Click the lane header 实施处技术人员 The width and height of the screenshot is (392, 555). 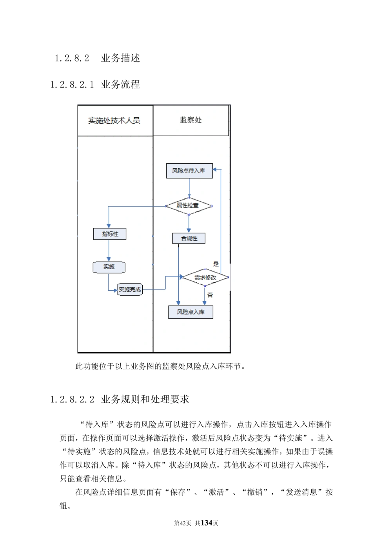tap(114, 120)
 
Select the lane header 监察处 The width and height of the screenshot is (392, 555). tap(191, 120)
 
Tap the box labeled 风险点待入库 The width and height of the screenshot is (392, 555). tap(189, 171)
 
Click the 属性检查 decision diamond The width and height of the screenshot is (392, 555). tap(189, 205)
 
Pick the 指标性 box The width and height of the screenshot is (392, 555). tap(110, 234)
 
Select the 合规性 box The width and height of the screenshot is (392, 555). tap(189, 238)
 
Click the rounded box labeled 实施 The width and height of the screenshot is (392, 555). tap(109, 267)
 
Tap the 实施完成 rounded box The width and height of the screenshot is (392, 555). tap(130, 289)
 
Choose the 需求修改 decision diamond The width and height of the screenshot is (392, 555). tap(205, 278)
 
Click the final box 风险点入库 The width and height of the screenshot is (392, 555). tap(191, 312)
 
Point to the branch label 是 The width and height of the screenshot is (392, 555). tap(216, 264)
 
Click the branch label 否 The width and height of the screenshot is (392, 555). tap(210, 295)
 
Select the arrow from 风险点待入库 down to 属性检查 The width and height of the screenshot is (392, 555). tap(189, 188)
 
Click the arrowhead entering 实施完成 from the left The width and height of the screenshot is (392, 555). tap(116, 290)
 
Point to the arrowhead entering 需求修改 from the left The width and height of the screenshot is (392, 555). tap(181, 277)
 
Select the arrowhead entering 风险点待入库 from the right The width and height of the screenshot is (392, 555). tap(215, 170)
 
